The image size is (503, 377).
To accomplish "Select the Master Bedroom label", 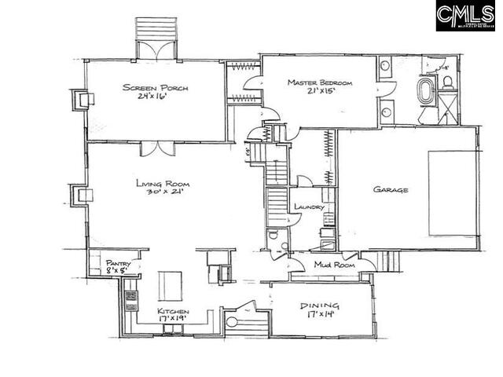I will (319, 82).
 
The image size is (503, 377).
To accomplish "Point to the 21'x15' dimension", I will (321, 92).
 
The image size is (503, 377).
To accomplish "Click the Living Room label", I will (163, 184).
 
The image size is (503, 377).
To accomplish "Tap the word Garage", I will (390, 189).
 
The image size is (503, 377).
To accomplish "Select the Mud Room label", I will (334, 265).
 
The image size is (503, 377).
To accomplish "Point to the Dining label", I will (320, 305).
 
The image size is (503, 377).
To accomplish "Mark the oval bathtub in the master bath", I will (425, 92).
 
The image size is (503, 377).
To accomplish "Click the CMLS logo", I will (465, 16).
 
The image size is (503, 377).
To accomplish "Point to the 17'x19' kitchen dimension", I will (173, 320).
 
